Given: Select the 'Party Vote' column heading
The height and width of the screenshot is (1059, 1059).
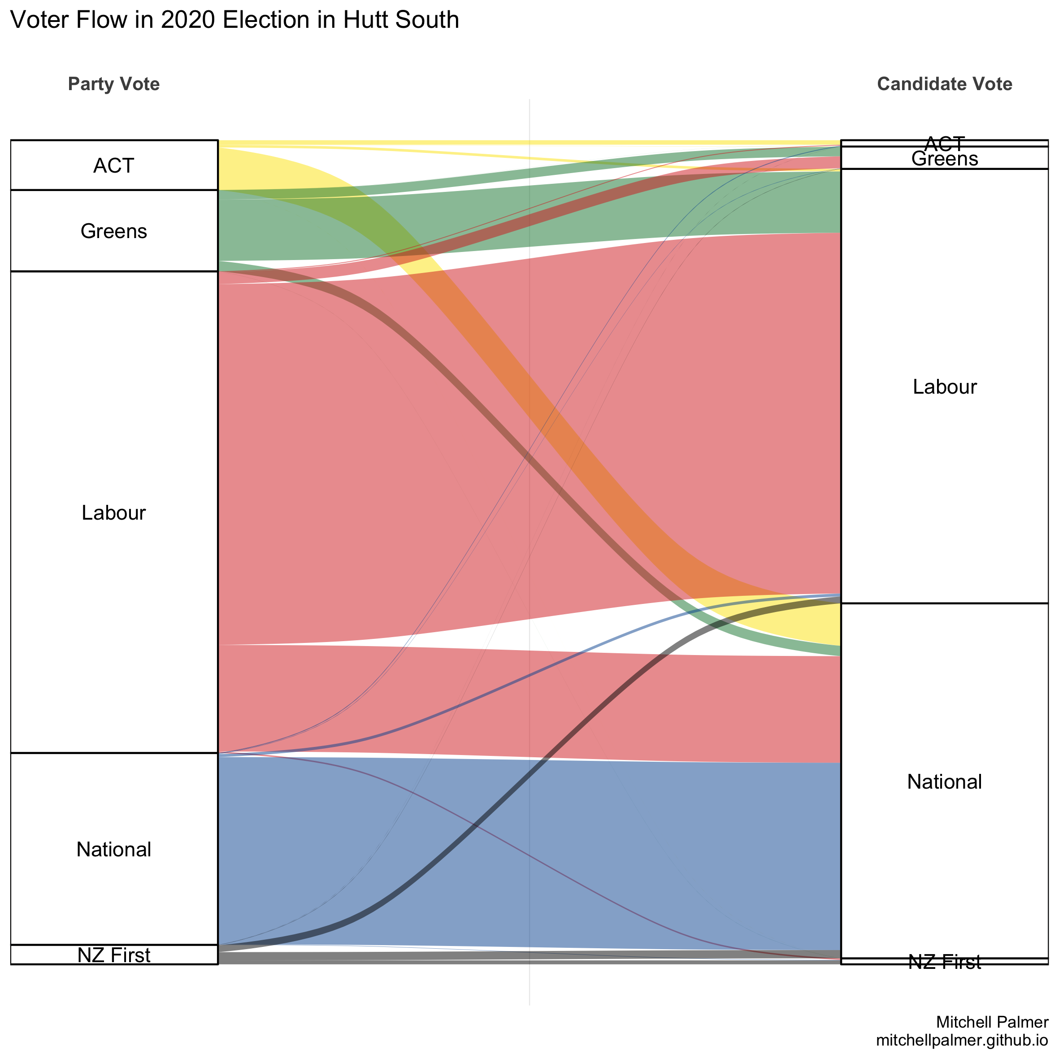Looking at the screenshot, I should click(113, 84).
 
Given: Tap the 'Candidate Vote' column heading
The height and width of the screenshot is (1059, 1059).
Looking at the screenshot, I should click(944, 84).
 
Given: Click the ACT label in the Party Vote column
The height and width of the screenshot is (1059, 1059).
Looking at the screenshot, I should click(113, 165).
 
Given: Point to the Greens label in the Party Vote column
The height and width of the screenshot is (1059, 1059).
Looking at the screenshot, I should click(113, 231).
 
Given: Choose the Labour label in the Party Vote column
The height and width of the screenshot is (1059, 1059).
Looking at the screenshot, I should click(113, 512).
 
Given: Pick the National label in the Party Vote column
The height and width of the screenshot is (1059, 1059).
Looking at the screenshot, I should click(113, 849).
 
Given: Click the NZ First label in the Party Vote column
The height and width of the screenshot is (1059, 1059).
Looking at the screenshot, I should click(113, 955).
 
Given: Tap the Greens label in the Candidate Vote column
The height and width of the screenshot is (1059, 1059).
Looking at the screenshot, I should click(944, 159).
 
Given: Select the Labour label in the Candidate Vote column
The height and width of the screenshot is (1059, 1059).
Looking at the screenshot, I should click(944, 387).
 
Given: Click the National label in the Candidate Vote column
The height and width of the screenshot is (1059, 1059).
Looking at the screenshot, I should click(944, 781).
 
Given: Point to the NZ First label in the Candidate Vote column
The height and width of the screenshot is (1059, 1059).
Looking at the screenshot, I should click(944, 962).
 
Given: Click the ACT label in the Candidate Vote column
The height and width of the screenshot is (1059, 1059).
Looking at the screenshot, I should click(944, 143).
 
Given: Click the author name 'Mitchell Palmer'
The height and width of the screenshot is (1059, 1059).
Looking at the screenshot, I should click(992, 1022).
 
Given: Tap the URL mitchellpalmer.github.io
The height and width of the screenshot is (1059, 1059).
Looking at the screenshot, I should click(962, 1040).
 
